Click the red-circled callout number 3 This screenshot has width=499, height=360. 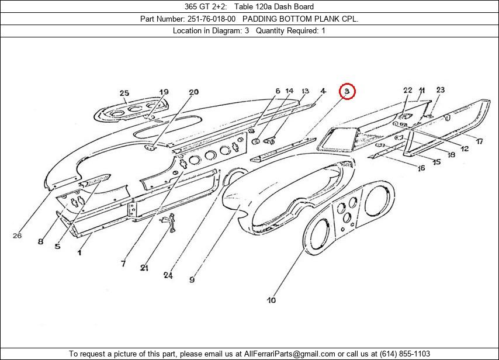point(347,91)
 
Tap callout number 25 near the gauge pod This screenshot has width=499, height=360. point(124,93)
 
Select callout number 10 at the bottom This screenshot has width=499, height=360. point(271,300)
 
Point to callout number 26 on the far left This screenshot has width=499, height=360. point(17,236)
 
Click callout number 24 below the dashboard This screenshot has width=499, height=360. point(168,275)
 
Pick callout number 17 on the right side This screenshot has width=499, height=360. point(479,141)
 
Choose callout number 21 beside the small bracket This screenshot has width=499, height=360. point(144,268)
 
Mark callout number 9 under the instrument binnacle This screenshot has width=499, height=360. point(192,280)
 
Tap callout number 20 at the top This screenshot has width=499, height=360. point(193,92)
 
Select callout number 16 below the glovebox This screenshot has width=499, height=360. point(421,168)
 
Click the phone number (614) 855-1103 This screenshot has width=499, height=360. point(404,354)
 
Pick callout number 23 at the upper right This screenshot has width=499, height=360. point(440,90)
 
